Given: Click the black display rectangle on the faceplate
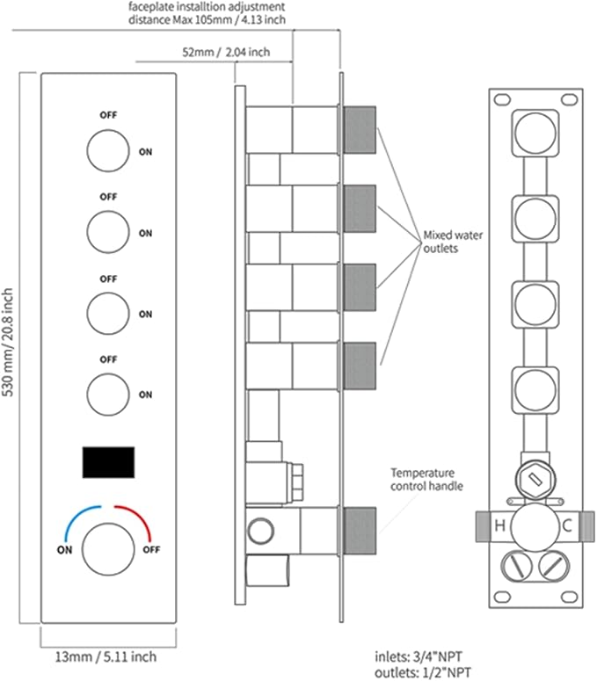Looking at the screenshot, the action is click(x=108, y=462).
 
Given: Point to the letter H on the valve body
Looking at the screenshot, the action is click(x=500, y=525).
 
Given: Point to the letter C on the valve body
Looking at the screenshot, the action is click(x=567, y=525).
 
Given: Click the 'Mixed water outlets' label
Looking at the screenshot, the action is click(x=453, y=242).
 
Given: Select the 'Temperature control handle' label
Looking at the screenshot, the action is click(x=426, y=479).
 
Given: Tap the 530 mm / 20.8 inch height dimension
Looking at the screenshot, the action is click(x=8, y=343).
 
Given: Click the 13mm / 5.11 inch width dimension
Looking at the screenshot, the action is click(x=106, y=656).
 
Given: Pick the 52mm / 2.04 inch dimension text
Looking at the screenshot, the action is click(x=226, y=52).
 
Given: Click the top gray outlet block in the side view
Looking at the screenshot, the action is click(x=360, y=130).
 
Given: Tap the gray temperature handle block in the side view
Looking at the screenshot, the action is click(x=360, y=531).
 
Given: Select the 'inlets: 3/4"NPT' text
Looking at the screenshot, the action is click(x=419, y=656).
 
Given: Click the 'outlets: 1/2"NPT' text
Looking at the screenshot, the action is click(x=423, y=673).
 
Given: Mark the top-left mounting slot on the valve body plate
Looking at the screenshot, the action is click(x=502, y=99).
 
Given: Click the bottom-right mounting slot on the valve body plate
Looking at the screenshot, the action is click(x=569, y=596).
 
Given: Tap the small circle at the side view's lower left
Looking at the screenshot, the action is click(x=260, y=530).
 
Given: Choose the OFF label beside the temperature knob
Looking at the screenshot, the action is click(x=151, y=549).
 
